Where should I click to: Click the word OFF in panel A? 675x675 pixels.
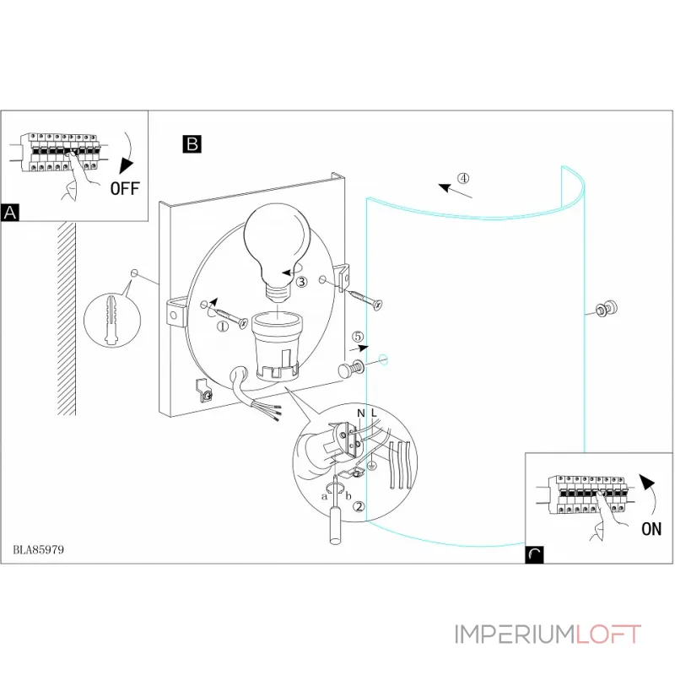pos(124,187)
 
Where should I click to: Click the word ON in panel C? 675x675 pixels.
pos(651,529)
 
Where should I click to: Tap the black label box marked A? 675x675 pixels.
pos(10,212)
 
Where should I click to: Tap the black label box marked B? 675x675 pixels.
pos(192,144)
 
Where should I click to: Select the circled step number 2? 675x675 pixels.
pos(359,507)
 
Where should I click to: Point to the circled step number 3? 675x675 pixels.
pos(300,282)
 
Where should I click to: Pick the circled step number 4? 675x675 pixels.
pos(463,179)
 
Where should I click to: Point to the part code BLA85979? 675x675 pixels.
pos(40,549)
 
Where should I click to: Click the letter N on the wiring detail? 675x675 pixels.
pos(360,413)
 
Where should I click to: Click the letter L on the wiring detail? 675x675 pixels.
pos(375,413)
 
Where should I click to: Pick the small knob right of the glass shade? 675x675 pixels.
pos(606,310)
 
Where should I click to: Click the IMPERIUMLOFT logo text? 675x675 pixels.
pos(548,634)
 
